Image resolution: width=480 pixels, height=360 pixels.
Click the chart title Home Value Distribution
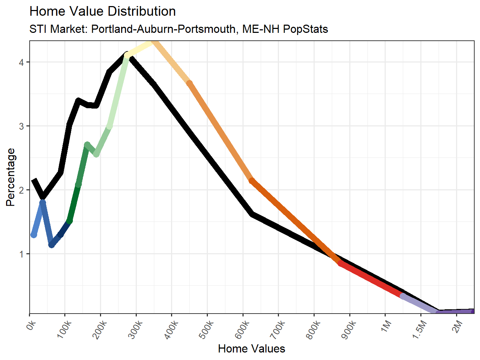[102, 11]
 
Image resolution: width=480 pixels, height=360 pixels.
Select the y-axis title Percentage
[11, 177]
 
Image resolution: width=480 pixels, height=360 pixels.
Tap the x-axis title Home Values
[251, 349]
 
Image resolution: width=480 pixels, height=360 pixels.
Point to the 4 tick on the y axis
[22, 62]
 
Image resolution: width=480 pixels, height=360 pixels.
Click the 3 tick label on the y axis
[22, 126]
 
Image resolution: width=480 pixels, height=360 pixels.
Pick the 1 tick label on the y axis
[22, 254]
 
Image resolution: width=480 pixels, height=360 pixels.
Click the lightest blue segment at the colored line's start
[38, 219]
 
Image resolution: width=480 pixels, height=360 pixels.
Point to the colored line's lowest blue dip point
[52, 245]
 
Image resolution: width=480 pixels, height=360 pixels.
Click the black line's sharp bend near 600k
[252, 214]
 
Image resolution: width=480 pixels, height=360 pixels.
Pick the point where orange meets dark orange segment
[252, 181]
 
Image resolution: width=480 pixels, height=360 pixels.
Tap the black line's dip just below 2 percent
[43, 197]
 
